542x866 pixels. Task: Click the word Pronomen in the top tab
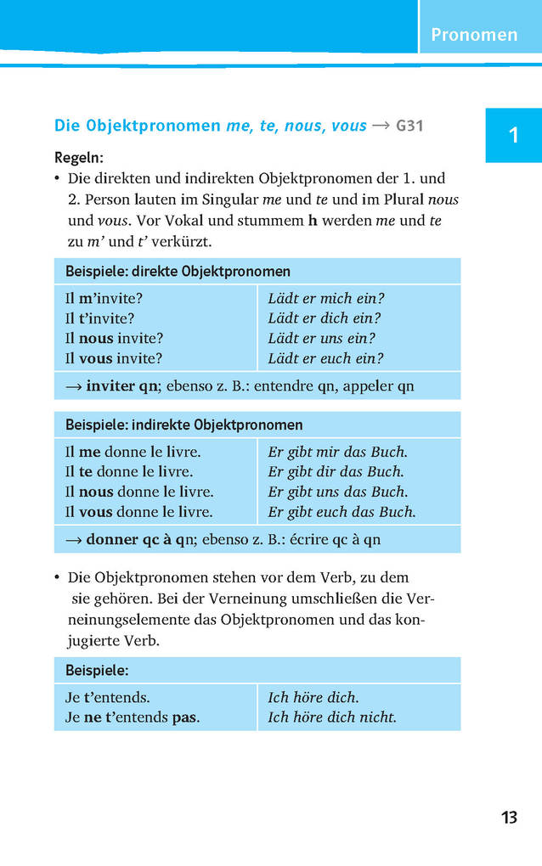click(x=473, y=35)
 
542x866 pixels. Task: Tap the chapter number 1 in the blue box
click(x=512, y=135)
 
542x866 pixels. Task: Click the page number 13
click(x=508, y=818)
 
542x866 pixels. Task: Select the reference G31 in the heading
click(x=409, y=127)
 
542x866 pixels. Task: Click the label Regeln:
click(x=79, y=158)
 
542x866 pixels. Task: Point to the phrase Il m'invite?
click(x=104, y=299)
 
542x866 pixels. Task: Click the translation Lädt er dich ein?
click(x=325, y=318)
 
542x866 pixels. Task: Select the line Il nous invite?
click(x=114, y=338)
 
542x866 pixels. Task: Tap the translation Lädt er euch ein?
click(x=325, y=358)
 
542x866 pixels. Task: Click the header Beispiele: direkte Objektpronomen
click(x=178, y=272)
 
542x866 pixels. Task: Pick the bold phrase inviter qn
click(x=122, y=385)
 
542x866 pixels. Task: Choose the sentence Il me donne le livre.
click(x=133, y=452)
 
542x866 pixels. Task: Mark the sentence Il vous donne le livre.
click(x=139, y=512)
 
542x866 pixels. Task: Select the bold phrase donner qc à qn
click(x=141, y=539)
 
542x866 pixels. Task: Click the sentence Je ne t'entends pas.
click(x=133, y=717)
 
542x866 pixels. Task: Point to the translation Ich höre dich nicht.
click(x=332, y=717)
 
